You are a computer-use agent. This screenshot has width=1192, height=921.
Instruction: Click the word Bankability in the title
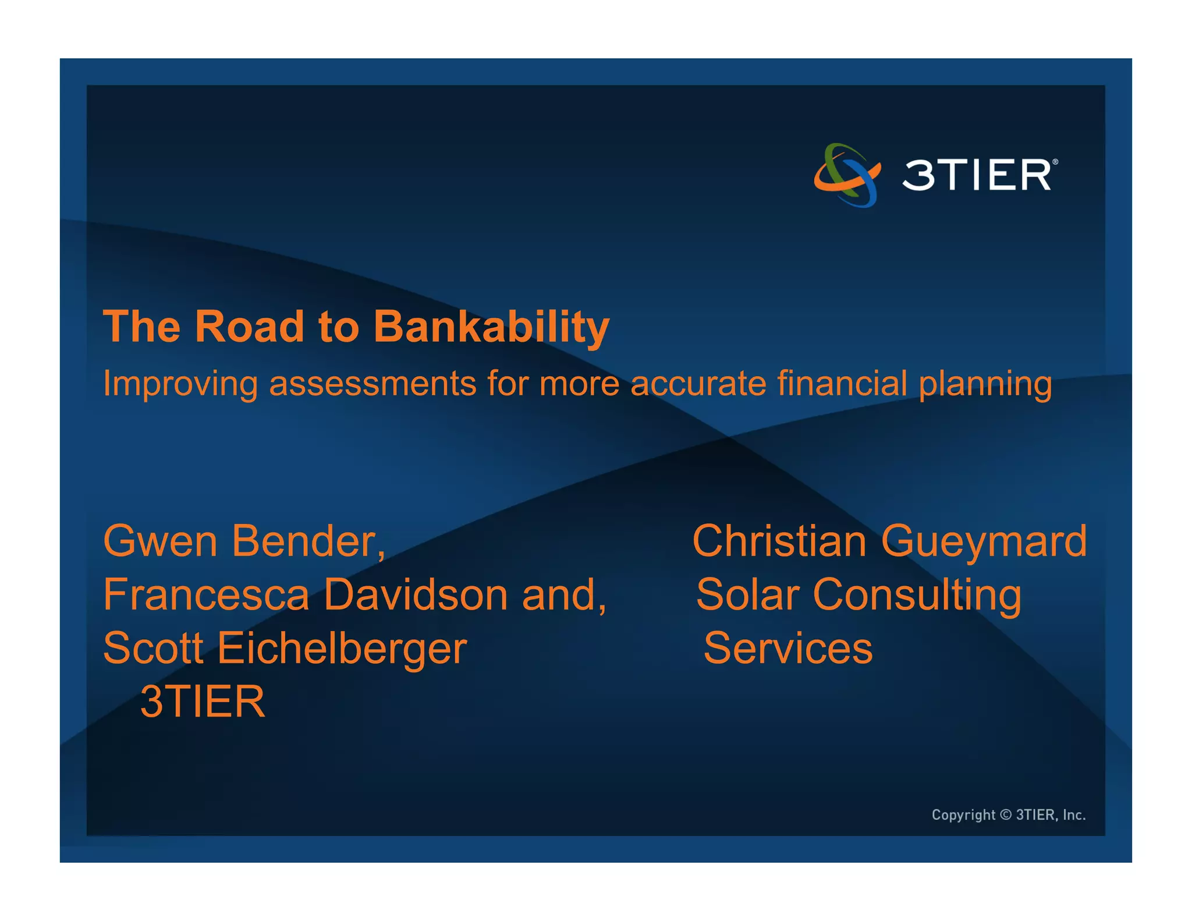coord(491,327)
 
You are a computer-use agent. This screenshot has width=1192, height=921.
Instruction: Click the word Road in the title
coord(249,326)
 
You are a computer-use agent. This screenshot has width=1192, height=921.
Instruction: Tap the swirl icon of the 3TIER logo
coord(847,175)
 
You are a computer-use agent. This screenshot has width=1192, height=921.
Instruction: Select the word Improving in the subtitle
coord(180,384)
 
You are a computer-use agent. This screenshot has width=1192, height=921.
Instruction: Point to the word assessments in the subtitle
coord(372,384)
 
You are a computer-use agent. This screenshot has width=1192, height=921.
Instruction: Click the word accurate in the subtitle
coord(698,384)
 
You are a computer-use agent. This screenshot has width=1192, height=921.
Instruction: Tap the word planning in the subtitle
coord(985,385)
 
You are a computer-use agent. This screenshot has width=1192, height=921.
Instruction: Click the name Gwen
coord(160,541)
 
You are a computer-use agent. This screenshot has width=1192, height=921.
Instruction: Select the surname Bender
coord(308,541)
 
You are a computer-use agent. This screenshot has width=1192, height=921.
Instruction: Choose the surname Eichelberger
coord(342,649)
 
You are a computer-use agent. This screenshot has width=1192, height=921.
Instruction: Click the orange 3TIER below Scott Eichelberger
coord(203,702)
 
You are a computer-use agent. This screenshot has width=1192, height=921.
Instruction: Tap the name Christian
coord(779,541)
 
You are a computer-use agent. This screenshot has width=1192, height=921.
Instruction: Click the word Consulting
coord(917,596)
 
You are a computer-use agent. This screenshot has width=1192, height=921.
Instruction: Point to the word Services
coord(788,649)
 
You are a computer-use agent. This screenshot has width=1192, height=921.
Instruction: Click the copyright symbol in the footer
coord(1006,814)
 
